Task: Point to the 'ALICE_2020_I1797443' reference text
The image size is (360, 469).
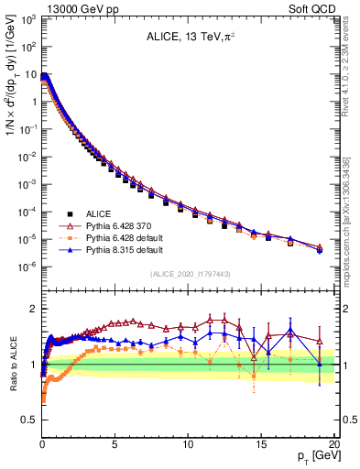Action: point(189,274)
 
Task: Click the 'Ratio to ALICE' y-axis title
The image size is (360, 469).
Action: point(11,366)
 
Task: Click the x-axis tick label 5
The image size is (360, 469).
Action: point(115,443)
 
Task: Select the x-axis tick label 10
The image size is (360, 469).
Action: point(188,443)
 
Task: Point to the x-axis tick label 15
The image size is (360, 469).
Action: point(261,443)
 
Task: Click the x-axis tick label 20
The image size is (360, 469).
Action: point(333,443)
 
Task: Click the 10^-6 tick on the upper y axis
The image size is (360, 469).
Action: point(28,267)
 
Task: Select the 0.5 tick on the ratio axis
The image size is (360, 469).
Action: point(27,420)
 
